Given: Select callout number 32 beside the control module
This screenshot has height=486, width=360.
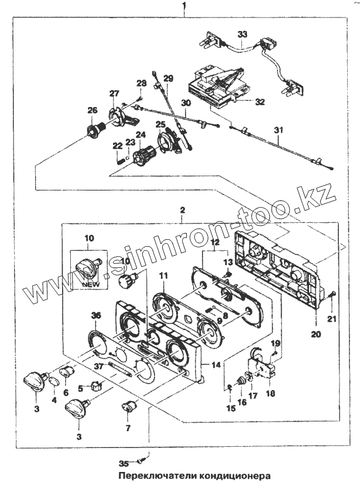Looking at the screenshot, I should click(x=260, y=101).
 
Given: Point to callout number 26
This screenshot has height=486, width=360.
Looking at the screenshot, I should click(x=92, y=110).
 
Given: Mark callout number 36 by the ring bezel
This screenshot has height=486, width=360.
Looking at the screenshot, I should click(x=95, y=315).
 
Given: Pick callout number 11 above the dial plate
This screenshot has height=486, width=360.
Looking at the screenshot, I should click(x=163, y=274).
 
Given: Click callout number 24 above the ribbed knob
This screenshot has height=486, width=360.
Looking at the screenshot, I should click(x=140, y=135).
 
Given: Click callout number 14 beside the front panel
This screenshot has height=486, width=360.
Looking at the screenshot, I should click(x=217, y=364).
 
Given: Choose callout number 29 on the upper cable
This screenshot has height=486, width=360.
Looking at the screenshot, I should click(x=169, y=79).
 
